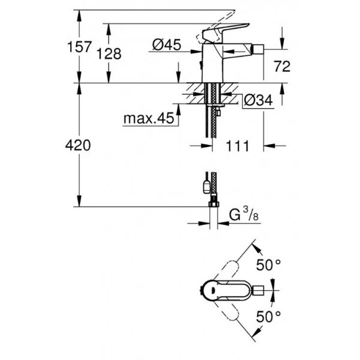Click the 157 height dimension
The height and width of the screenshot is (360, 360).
tap(79, 47)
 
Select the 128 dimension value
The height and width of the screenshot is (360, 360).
tap(109, 54)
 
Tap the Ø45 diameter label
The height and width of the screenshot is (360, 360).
tap(167, 44)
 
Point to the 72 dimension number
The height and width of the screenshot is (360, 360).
tap(283, 67)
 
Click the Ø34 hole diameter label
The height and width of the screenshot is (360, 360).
tap(258, 100)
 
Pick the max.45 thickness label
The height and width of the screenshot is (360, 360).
tap(149, 118)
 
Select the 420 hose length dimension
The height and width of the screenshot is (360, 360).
tap(78, 145)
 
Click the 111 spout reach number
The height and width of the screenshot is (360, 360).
tap(238, 146)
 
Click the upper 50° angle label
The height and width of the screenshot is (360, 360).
tap(268, 265)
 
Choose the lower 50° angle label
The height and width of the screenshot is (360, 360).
tap(268, 317)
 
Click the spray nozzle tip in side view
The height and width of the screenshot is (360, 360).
tap(257, 49)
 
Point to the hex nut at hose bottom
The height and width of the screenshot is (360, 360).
tap(214, 204)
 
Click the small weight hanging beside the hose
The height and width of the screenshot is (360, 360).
tap(206, 187)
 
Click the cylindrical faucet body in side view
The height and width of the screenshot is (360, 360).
tap(212, 63)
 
